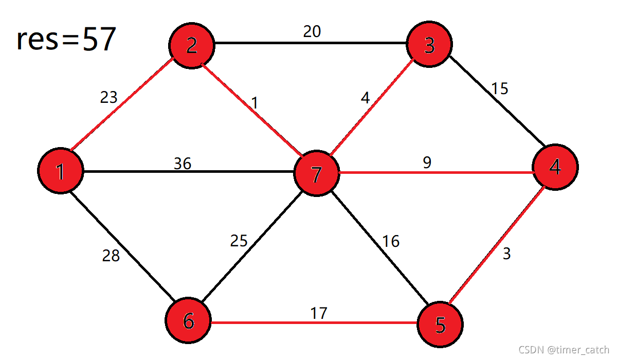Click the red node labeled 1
point(61,171)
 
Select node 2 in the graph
point(192,45)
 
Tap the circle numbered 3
point(429,44)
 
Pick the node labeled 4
point(555,167)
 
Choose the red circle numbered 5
point(440,325)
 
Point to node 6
point(188,320)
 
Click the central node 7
point(317,173)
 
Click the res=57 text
point(66,39)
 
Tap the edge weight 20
point(312,31)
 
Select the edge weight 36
point(183,164)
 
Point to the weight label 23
point(108,97)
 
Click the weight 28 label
point(111,256)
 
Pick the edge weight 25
point(239,241)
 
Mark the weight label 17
point(319,313)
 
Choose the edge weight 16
point(391,241)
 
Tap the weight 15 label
point(500,88)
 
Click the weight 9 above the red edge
point(427,163)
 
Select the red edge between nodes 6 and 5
point(314,322)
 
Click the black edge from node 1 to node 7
point(189,172)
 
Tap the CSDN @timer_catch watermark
point(564,350)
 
